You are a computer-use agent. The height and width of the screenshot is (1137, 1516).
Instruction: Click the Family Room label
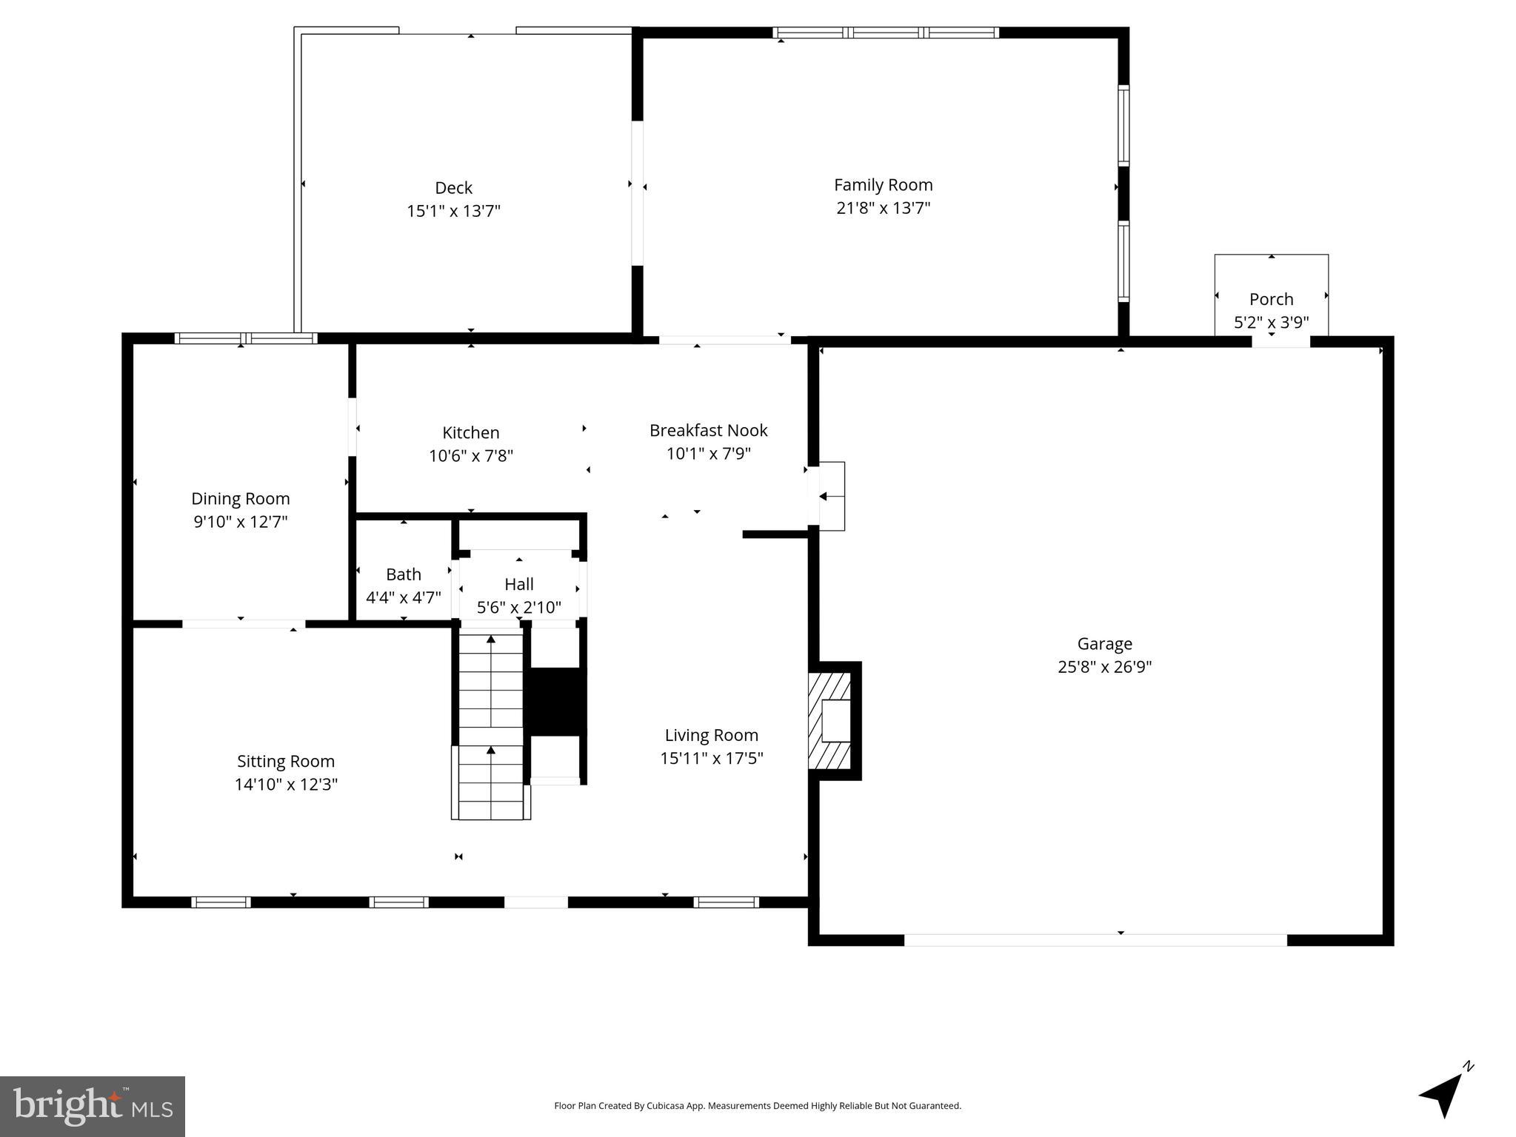[883, 185]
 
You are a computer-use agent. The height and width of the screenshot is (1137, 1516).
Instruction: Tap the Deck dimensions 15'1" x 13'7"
[453, 211]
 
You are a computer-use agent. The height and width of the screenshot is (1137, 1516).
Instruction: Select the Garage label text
[1104, 644]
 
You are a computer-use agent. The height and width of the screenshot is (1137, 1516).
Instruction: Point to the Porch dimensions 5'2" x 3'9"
[1271, 323]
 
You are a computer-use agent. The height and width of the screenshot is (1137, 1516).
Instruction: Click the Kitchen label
[471, 432]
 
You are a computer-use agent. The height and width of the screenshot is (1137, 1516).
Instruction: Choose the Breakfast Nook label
[708, 430]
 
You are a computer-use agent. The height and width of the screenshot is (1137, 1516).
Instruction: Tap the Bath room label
[404, 574]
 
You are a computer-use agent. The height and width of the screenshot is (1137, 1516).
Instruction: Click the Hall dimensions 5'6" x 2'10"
[518, 608]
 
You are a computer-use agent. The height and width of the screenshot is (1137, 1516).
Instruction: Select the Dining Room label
[241, 498]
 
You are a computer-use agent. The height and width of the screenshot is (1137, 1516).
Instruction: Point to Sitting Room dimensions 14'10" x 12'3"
[286, 785]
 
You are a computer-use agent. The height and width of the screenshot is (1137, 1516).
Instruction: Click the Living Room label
[711, 735]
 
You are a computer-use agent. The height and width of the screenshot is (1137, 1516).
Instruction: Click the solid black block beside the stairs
[555, 702]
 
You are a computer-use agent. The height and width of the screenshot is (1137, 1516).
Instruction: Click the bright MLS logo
[92, 1107]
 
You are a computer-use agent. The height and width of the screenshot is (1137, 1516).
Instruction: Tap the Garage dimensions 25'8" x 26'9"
[1104, 667]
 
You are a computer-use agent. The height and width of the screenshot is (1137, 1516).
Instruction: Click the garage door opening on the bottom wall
[1095, 940]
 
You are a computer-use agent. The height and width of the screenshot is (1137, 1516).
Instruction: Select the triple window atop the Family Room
[885, 33]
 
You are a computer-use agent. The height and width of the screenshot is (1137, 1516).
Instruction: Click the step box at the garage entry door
[831, 496]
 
